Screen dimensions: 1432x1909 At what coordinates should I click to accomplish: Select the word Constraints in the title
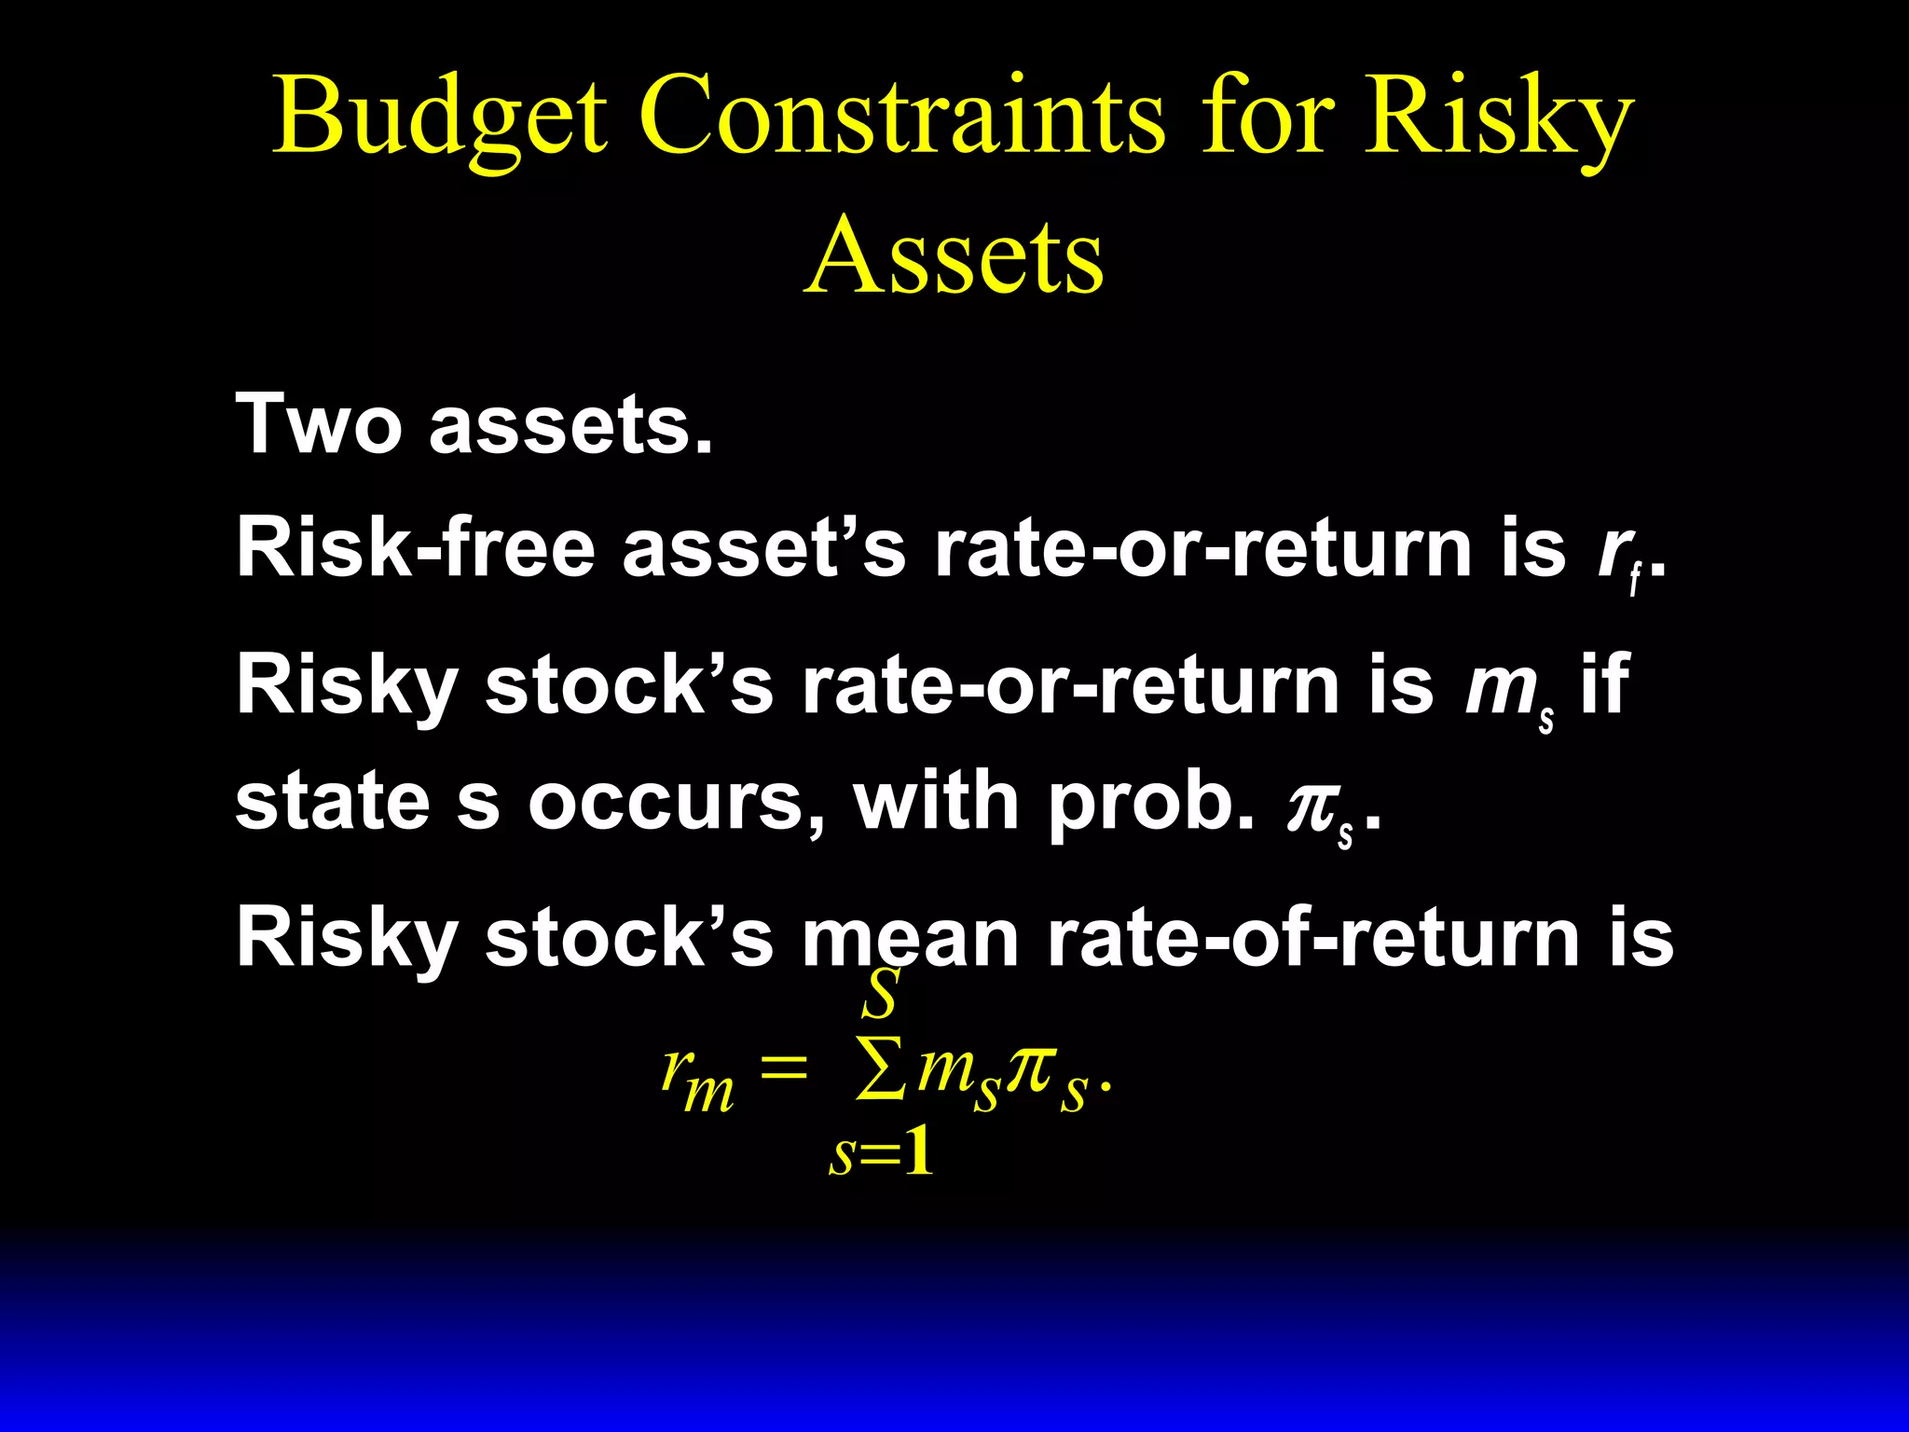pyautogui.click(x=901, y=117)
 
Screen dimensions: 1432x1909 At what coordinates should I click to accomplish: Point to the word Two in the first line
pyautogui.click(x=317, y=424)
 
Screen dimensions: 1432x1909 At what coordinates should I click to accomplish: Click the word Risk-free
pyautogui.click(x=416, y=548)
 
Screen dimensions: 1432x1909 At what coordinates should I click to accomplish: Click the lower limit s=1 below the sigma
pyautogui.click(x=881, y=1154)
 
